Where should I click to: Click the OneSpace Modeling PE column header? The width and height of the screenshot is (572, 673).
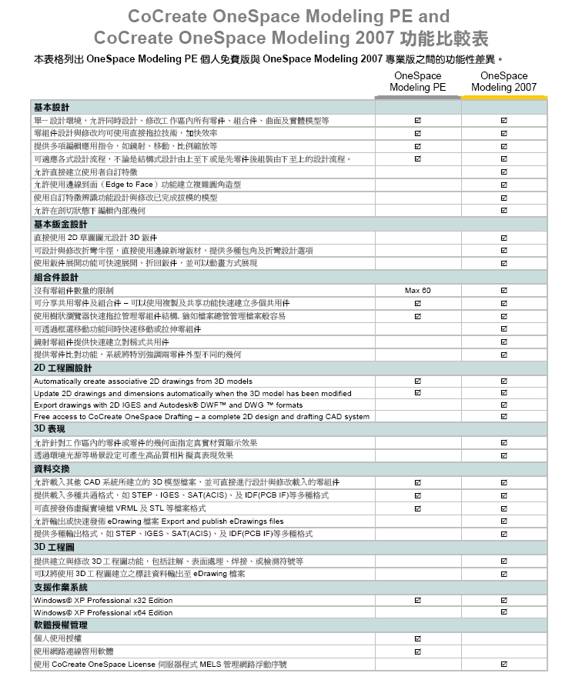click(x=417, y=82)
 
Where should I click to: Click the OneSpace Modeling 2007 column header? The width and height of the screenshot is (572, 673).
click(x=503, y=82)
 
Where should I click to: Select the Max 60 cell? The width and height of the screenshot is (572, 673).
click(x=417, y=290)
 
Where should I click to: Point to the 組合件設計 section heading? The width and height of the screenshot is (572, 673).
click(x=55, y=277)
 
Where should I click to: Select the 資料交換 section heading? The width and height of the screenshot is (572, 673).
click(x=51, y=468)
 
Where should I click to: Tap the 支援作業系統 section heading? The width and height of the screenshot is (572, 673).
click(x=60, y=587)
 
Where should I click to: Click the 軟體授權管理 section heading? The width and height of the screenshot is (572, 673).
click(x=60, y=625)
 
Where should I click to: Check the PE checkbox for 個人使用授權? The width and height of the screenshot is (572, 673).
click(x=417, y=639)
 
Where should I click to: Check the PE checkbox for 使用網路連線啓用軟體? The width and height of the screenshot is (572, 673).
click(x=417, y=651)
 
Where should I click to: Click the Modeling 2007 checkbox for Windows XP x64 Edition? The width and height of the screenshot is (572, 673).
click(x=503, y=613)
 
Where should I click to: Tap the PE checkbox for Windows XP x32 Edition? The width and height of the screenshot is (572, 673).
click(x=417, y=600)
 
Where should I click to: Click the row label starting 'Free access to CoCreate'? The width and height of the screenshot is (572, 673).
click(x=201, y=417)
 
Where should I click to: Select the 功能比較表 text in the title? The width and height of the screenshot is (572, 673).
click(x=444, y=38)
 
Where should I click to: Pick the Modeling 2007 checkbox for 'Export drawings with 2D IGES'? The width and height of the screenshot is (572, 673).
click(x=503, y=405)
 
